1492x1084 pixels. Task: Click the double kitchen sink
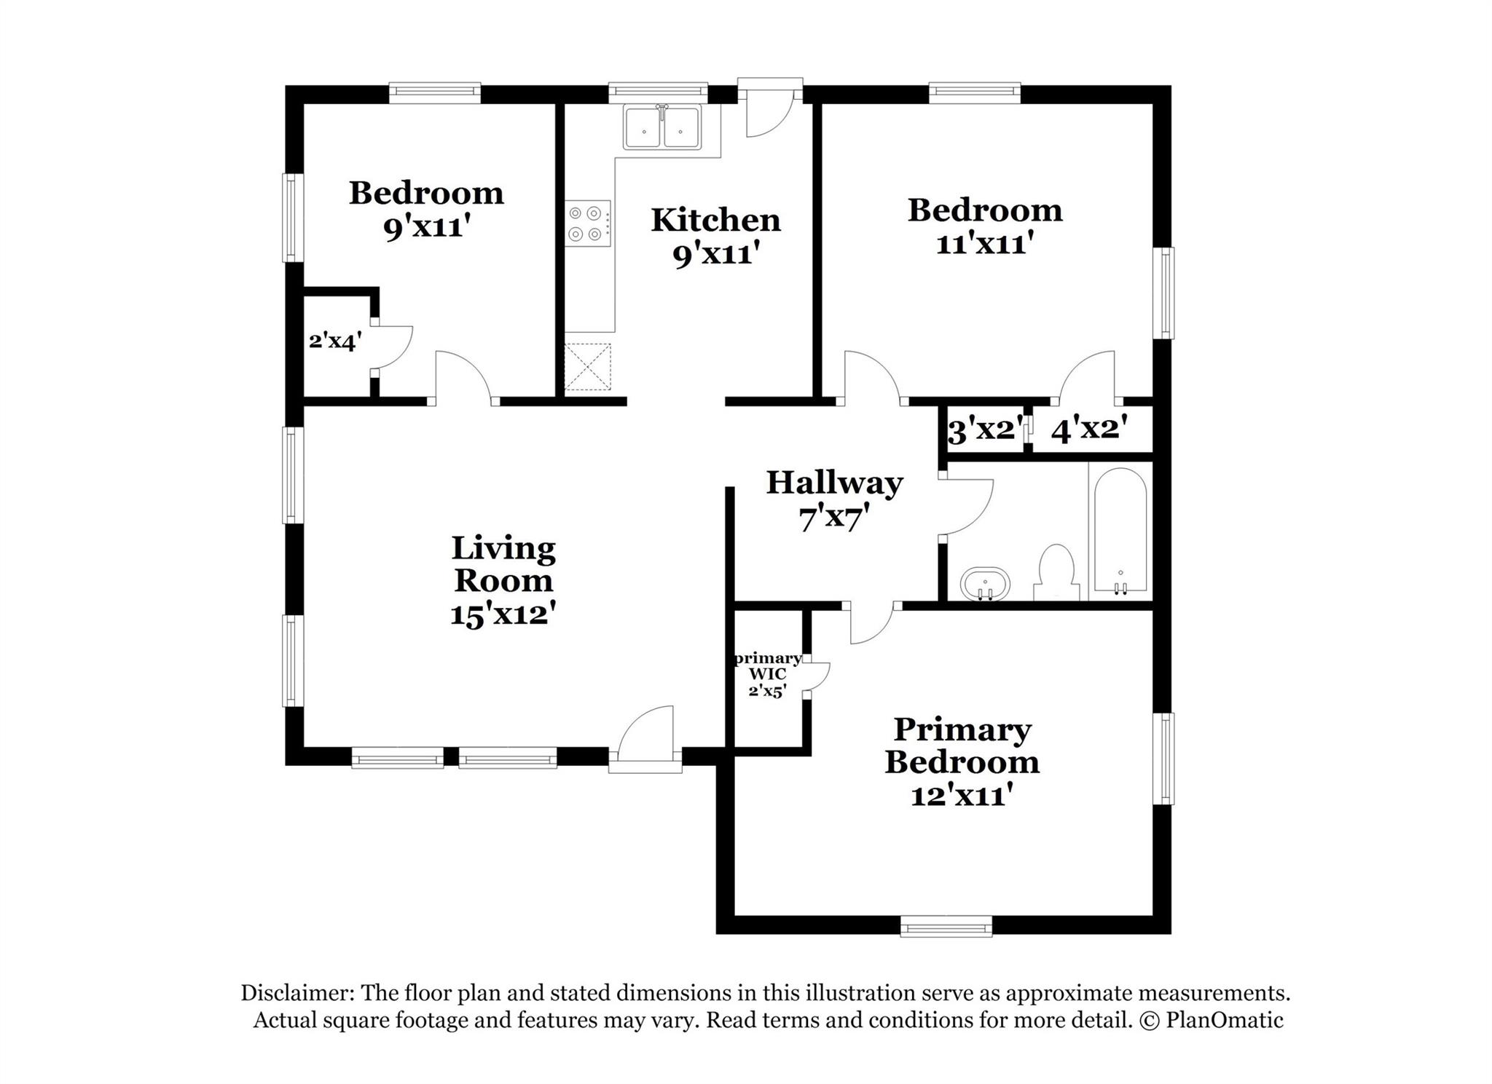coord(661,128)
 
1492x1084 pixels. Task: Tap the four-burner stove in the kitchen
coord(587,223)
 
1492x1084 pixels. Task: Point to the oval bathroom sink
coord(986,584)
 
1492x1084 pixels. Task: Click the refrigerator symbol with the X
coord(587,367)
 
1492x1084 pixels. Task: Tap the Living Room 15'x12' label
coord(503,581)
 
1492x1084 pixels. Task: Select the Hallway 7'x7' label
coord(834,501)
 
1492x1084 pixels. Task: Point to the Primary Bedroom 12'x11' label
coord(962,761)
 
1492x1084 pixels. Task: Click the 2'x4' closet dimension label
coord(335,341)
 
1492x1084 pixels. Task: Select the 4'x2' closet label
coord(1089,429)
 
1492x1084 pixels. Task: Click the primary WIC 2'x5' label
coord(767,675)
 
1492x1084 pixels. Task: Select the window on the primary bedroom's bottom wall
coord(946,927)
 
